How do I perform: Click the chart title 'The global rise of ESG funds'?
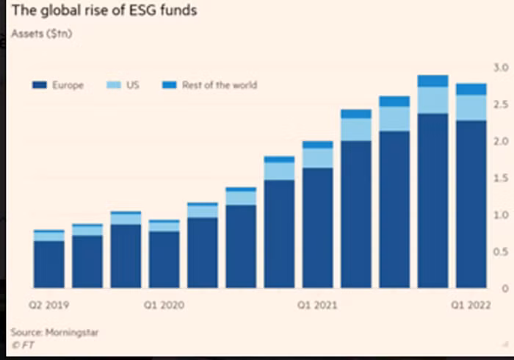(104, 10)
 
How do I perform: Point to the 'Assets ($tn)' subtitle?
(42, 34)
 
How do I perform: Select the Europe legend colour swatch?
(40, 85)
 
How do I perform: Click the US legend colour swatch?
(114, 85)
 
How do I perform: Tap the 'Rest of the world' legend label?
(220, 85)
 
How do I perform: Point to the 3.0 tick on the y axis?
(501, 68)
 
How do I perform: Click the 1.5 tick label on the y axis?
(501, 179)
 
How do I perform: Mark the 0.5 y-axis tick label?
(501, 252)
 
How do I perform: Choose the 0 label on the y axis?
(505, 289)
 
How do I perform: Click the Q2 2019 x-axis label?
(49, 305)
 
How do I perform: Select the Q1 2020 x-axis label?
(164, 305)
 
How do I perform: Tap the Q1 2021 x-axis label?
(317, 305)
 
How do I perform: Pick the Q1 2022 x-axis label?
(471, 305)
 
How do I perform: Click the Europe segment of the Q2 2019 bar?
(49, 264)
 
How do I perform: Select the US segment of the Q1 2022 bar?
(471, 108)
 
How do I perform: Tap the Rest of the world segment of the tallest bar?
(433, 81)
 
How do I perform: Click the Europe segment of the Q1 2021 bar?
(318, 228)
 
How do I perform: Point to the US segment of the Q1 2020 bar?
(164, 227)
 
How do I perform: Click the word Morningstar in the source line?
(72, 333)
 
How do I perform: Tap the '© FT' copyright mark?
(23, 345)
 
